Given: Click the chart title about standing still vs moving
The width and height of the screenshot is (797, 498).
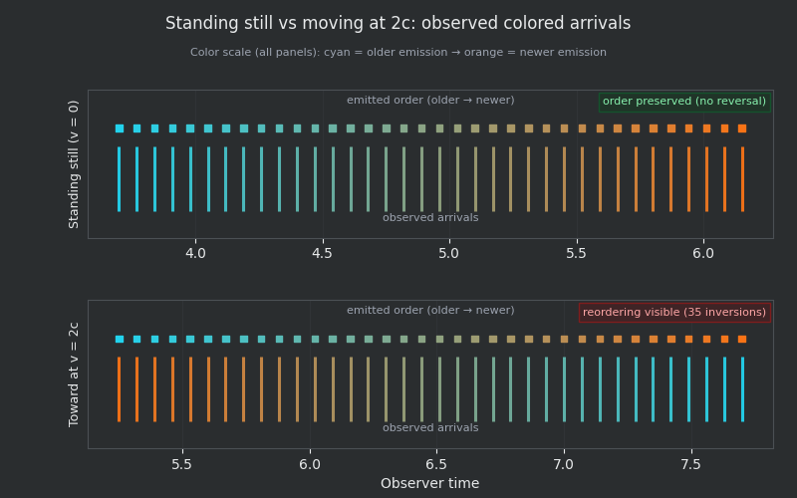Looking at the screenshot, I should tap(398, 24).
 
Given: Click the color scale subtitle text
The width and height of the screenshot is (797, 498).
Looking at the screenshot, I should tap(398, 53).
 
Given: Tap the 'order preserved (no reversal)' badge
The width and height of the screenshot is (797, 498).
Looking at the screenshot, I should tap(683, 102).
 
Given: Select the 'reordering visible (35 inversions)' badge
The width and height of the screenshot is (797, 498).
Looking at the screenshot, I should tap(674, 312).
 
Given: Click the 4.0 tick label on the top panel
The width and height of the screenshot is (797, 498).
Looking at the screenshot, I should tap(195, 254).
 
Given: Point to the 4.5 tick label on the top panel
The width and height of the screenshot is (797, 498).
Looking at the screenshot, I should tap(323, 254).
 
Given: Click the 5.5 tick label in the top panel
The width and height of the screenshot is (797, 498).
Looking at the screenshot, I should tap(576, 254).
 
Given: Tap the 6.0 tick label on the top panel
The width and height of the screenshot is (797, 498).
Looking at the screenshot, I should tap(703, 254).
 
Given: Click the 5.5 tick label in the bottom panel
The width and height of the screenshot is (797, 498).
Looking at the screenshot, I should tap(181, 464).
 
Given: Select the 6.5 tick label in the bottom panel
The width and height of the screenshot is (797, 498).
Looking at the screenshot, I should tap(436, 464).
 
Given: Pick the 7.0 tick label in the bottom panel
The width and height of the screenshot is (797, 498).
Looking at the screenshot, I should tap(564, 464).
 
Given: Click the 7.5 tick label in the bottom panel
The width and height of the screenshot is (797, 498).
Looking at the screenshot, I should tap(690, 464).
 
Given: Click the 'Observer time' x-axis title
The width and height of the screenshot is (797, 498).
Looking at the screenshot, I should tap(429, 484).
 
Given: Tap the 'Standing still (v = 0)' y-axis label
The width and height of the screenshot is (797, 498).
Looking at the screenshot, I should tap(75, 164).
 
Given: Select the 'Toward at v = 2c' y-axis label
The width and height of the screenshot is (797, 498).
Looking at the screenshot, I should tap(75, 374).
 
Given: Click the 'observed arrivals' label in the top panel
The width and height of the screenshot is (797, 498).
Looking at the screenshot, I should tap(430, 217).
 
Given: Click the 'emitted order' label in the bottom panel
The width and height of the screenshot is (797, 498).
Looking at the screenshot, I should tap(430, 311).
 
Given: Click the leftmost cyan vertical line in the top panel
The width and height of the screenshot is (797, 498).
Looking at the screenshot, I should tap(119, 179).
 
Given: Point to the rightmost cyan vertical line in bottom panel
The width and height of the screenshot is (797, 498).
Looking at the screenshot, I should tap(742, 389).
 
